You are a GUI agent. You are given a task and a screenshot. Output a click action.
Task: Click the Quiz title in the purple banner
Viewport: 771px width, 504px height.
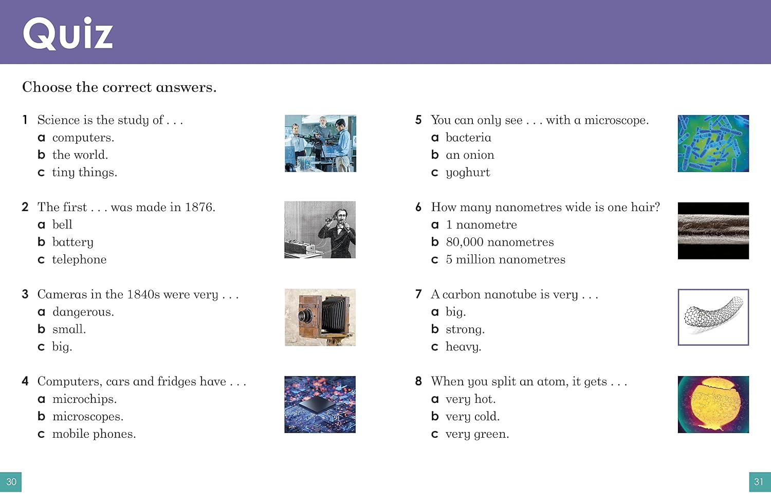68,34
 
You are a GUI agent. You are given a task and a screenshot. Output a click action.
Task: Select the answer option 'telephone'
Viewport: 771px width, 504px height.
79,259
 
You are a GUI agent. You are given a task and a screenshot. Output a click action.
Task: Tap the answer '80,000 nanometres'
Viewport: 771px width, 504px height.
500,242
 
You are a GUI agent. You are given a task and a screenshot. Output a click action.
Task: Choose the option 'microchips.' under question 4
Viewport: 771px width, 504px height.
84,399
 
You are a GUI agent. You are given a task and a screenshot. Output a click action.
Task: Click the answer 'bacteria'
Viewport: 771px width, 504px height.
468,138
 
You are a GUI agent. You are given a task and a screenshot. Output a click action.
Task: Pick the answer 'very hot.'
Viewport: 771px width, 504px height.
470,399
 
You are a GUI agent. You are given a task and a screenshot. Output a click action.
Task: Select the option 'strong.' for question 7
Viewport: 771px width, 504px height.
465,330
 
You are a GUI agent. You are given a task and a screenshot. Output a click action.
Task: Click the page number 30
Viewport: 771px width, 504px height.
11,481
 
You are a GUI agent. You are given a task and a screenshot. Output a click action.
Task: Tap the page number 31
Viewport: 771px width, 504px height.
760,481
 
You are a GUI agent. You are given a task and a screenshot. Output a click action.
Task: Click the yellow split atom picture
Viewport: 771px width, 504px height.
713,404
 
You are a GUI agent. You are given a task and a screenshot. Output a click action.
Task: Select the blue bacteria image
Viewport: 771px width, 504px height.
713,143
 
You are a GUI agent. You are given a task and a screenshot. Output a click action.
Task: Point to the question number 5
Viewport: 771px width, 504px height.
418,120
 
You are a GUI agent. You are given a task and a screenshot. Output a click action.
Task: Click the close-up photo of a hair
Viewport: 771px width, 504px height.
713,231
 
